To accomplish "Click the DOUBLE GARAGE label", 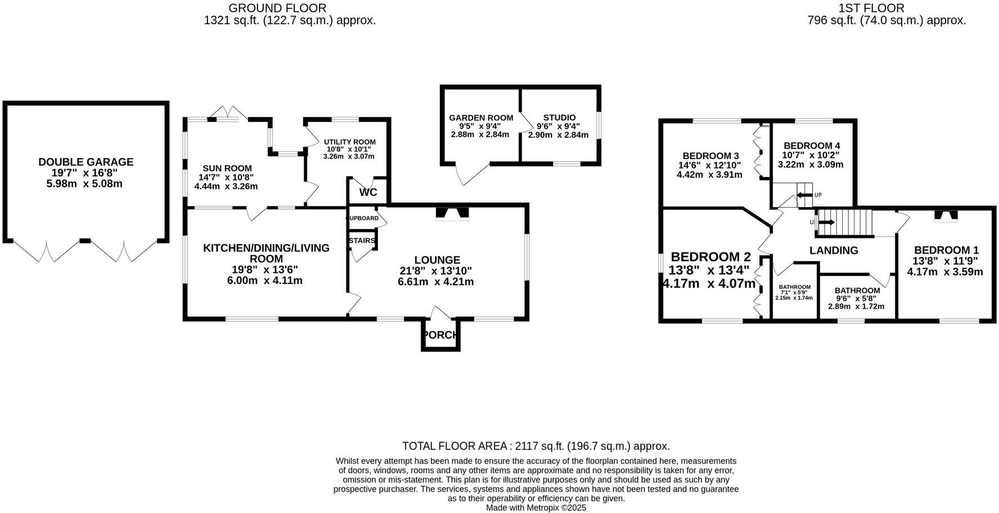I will tap(85, 162).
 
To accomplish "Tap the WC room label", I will tap(368, 192).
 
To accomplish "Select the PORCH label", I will tap(440, 335).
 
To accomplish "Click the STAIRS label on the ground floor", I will tap(362, 241).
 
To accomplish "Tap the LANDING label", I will tap(833, 250).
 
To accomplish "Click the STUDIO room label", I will tap(559, 118).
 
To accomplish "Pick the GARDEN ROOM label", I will tap(481, 118).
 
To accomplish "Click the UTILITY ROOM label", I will tap(349, 142).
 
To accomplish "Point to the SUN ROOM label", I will tap(227, 168).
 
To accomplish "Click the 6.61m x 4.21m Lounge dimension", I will tap(436, 282).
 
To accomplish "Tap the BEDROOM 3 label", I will tap(710, 156).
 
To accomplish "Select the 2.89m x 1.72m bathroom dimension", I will tap(856, 307).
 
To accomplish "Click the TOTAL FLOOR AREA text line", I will tap(535, 446).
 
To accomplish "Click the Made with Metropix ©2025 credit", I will tap(536, 507).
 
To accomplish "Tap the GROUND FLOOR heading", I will tap(277, 8).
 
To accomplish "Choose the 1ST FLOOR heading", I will tap(871, 8).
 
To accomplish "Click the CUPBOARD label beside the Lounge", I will tap(363, 218).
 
